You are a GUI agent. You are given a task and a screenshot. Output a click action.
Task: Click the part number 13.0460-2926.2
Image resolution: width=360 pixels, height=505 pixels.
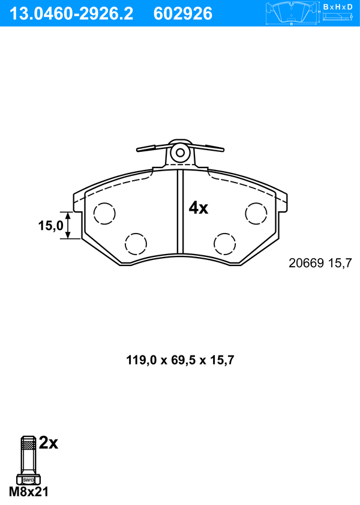click(71, 13)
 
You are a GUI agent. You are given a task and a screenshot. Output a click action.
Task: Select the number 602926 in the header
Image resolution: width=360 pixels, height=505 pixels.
click(183, 13)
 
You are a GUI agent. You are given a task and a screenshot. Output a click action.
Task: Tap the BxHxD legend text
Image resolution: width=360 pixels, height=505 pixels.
click(338, 7)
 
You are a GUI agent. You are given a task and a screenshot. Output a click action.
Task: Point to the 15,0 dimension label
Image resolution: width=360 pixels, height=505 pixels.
click(50, 226)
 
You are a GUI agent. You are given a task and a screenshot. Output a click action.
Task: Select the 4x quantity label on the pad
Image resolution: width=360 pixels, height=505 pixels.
click(198, 208)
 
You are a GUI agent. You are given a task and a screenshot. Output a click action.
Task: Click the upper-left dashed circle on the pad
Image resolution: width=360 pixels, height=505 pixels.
click(104, 213)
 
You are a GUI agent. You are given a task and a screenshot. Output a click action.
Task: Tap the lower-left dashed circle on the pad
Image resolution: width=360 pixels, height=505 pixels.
click(135, 243)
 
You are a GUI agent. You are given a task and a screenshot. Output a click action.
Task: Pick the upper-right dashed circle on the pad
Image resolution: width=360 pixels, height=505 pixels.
click(256, 213)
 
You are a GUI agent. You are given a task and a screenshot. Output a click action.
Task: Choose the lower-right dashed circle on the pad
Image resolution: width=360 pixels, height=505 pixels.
click(225, 243)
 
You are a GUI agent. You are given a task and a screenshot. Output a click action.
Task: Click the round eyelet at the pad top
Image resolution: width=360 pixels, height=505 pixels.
click(179, 153)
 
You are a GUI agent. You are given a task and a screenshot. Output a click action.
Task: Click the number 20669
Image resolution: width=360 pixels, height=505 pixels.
click(307, 263)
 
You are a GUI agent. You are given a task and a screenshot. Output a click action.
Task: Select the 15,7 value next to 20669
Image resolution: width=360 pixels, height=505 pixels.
click(339, 263)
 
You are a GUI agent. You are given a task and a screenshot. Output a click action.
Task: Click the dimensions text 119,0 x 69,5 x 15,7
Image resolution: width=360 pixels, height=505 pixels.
click(179, 360)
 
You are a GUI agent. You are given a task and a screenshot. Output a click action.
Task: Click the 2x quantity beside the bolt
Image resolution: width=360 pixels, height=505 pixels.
click(48, 444)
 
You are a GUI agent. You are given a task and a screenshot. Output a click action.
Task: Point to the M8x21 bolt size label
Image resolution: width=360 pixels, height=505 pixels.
click(28, 492)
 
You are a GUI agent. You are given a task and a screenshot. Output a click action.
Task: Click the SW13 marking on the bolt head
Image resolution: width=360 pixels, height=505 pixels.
click(28, 480)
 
